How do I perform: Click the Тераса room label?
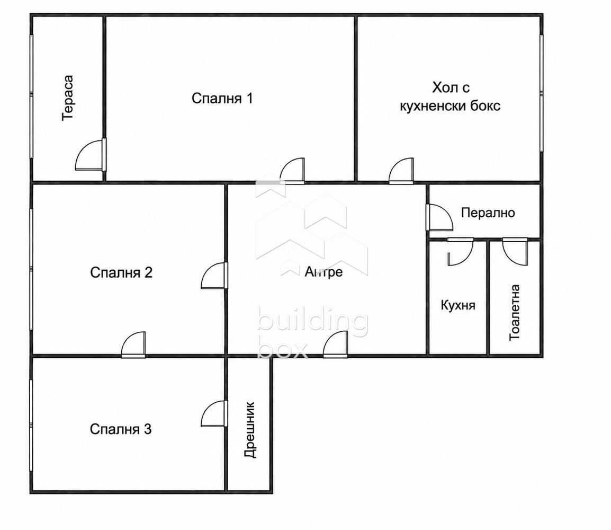pos(68,98)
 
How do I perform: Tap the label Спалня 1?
pos(222,98)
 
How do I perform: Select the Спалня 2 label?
pos(121,272)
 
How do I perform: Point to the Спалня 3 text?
pos(120,429)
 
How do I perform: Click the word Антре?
pos(324,272)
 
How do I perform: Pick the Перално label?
pos(488,213)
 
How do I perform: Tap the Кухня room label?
pos(458,305)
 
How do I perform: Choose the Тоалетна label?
pos(514,312)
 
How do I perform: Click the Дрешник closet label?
pos(250,429)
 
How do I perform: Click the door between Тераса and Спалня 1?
pos(91,155)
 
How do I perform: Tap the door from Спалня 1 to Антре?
pos(292,171)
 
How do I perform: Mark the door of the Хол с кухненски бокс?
pos(401,171)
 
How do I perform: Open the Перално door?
pos(439,217)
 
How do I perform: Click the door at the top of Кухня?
pos(460,252)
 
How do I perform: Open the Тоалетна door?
pos(515,252)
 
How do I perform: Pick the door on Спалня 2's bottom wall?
pos(133,344)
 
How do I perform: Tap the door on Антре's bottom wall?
pos(336,344)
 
